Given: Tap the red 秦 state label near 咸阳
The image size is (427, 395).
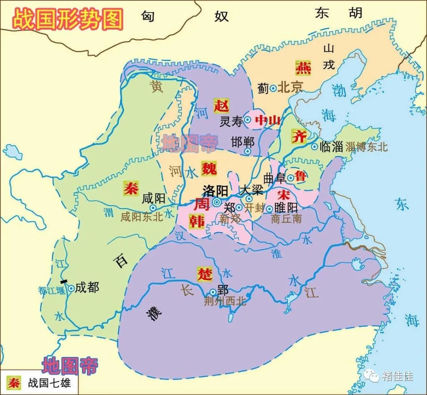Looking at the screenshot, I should click(x=130, y=187).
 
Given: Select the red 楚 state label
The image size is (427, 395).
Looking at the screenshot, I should click(x=205, y=273).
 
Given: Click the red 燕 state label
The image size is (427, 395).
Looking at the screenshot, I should click(x=303, y=68).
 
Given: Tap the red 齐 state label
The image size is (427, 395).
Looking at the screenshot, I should click(x=299, y=136).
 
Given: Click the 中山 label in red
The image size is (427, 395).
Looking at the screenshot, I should click(x=268, y=120).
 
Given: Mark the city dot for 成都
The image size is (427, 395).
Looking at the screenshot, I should click(x=71, y=288).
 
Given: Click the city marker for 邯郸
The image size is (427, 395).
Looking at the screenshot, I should click(x=248, y=151).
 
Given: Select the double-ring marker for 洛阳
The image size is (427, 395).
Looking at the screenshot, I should click(x=217, y=202).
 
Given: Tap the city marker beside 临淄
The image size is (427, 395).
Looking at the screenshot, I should click(x=314, y=147).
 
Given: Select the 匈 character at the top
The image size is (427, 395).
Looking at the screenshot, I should click(x=147, y=16).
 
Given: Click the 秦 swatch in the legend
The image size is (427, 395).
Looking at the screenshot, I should click(x=14, y=383).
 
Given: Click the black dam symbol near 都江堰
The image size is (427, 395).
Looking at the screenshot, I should click(x=63, y=281).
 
